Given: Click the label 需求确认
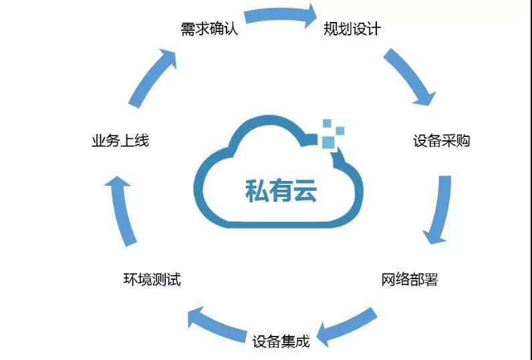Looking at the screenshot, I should click(x=209, y=30).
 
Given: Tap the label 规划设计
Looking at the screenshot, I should click(x=352, y=29).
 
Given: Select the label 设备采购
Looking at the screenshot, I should click(x=442, y=141).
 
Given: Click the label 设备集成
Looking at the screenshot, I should click(x=281, y=342).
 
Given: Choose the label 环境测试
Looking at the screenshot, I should click(x=152, y=279).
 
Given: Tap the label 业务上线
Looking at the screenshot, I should click(x=120, y=140).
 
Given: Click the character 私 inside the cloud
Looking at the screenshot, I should click(x=257, y=190).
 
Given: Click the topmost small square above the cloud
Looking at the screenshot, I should click(x=327, y=123).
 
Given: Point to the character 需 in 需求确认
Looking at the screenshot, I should click(x=188, y=30).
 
